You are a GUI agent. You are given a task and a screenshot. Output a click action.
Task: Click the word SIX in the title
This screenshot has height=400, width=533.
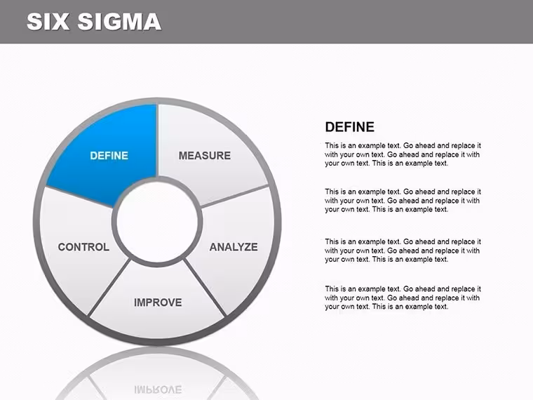pyautogui.click(x=48, y=22)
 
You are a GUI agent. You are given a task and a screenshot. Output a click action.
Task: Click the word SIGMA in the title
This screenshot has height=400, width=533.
pyautogui.click(x=119, y=22)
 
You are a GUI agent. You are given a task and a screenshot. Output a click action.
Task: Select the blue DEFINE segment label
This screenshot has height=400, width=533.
pyautogui.click(x=109, y=156)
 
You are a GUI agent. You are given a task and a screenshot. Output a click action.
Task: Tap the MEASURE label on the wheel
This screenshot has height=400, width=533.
pyautogui.click(x=205, y=156)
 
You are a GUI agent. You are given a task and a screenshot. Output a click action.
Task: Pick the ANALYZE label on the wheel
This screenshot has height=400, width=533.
pyautogui.click(x=234, y=247)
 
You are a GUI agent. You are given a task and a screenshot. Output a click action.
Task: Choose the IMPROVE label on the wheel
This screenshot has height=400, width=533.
pyautogui.click(x=158, y=302)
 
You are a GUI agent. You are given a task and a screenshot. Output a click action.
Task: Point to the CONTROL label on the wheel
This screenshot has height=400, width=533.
pyautogui.click(x=83, y=247)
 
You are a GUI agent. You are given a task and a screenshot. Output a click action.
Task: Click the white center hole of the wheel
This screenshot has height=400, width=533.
pyautogui.click(x=157, y=222)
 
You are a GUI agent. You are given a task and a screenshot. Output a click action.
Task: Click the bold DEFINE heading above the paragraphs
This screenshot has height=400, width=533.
pyautogui.click(x=350, y=127)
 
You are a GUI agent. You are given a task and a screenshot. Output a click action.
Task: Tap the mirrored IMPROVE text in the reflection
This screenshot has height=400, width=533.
pyautogui.click(x=158, y=389)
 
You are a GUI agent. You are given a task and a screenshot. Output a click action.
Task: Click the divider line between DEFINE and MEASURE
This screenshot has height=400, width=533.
pyautogui.click(x=157, y=140)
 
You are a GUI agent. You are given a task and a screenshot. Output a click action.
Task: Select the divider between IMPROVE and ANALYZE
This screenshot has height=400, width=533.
pyautogui.click(x=205, y=288)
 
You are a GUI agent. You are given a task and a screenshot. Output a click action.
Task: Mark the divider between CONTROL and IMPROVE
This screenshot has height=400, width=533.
pyautogui.click(x=109, y=288)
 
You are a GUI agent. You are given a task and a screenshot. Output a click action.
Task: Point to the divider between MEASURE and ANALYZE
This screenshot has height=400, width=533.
pyautogui.click(x=235, y=196)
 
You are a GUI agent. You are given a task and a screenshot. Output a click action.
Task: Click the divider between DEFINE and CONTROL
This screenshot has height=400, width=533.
pyautogui.click(x=79, y=196)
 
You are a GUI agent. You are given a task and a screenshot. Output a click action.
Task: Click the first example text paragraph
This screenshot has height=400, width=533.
pyautogui.click(x=403, y=154)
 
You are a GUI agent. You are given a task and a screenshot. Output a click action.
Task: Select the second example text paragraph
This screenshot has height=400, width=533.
pyautogui.click(x=403, y=201)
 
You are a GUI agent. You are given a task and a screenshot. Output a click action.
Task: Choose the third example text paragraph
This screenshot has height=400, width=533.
pyautogui.click(x=403, y=251)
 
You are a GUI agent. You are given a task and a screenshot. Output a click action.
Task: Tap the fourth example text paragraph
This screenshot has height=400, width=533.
pyautogui.click(x=403, y=298)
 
